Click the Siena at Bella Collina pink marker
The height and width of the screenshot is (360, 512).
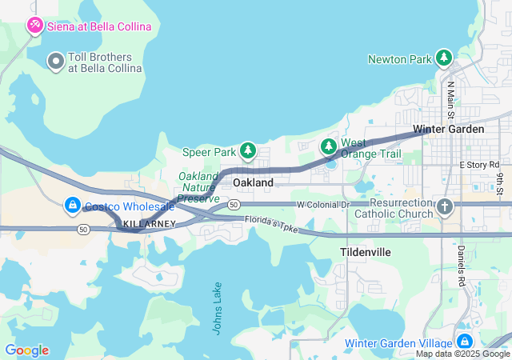tap(35, 26)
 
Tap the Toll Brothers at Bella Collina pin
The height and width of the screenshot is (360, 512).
tap(56, 61)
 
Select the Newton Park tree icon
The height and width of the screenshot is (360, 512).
tap(443, 58)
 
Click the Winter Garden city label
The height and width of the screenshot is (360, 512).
tap(448, 129)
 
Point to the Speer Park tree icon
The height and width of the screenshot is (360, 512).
tap(248, 150)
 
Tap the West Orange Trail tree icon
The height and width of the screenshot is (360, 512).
tap(328, 146)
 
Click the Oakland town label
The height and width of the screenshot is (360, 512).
tap(253, 182)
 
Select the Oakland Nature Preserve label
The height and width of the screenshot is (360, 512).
tap(197, 186)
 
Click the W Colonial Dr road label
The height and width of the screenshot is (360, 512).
tap(323, 205)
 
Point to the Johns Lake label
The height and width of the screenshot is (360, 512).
tap(218, 308)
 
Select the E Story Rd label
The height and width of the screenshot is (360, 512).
tap(479, 164)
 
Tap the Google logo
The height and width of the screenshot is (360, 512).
tap(26, 350)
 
